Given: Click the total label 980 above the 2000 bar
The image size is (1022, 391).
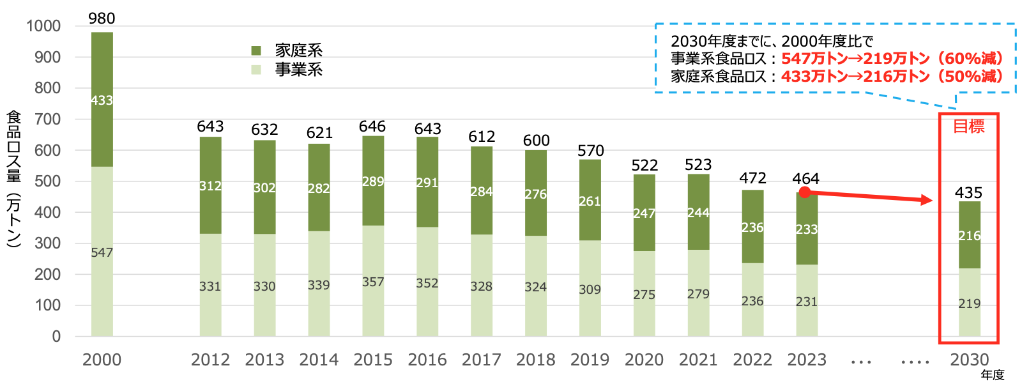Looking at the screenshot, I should click(102, 19).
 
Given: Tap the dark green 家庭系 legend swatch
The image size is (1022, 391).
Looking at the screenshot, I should click(256, 50).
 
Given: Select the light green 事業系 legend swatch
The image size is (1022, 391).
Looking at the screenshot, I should click(256, 70).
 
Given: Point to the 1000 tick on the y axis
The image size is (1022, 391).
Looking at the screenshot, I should click(43, 26).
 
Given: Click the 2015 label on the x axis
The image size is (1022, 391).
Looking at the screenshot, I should click(373, 360).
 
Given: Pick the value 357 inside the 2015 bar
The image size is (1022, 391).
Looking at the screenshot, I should click(373, 282).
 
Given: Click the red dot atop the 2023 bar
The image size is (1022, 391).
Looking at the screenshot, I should click(805, 192).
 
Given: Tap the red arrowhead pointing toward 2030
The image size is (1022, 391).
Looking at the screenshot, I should click(926, 201).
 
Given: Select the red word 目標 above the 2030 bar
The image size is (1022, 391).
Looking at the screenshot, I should click(968, 126).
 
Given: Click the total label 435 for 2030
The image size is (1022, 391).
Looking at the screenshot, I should click(968, 193).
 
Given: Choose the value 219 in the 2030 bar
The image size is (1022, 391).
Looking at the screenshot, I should click(969, 303).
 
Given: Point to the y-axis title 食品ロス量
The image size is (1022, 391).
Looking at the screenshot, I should click(14, 147).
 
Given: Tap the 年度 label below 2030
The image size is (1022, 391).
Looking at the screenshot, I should click(993, 375).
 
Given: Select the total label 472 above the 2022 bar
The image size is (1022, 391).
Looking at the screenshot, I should click(752, 178).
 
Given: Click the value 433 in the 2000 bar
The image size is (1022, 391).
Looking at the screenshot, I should click(102, 100).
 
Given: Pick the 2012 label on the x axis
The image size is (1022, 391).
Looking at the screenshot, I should click(210, 360).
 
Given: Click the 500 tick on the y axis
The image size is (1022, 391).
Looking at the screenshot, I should click(47, 181).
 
